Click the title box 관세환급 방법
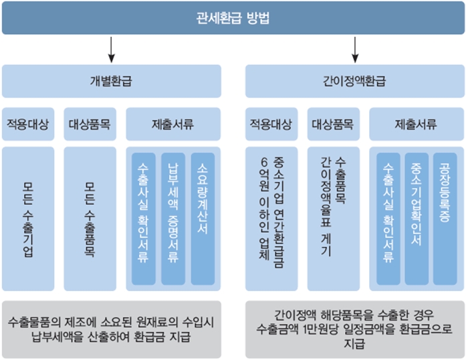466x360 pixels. (x=233, y=18)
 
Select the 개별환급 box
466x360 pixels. (x=112, y=81)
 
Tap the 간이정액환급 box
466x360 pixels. (x=355, y=81)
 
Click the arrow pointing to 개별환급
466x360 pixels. (x=112, y=50)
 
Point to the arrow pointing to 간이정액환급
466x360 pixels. (x=355, y=50)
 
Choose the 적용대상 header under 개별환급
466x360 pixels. (x=28, y=124)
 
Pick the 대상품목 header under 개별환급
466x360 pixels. (x=90, y=124)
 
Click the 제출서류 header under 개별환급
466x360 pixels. (x=173, y=124)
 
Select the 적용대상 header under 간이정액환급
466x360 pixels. (x=271, y=124)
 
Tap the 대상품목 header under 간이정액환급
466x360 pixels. (x=334, y=124)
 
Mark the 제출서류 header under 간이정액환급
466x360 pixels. (x=417, y=124)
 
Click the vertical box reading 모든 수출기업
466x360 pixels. (x=28, y=219)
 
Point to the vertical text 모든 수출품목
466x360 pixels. (x=90, y=219)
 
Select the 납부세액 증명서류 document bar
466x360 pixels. (x=173, y=219)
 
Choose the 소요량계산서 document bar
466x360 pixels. (x=203, y=219)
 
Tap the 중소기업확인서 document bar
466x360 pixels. (x=417, y=219)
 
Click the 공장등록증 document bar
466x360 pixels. (x=445, y=219)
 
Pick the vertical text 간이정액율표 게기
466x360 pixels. (x=326, y=206)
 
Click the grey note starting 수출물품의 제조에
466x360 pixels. (x=112, y=329)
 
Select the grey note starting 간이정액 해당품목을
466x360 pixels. (x=355, y=329)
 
